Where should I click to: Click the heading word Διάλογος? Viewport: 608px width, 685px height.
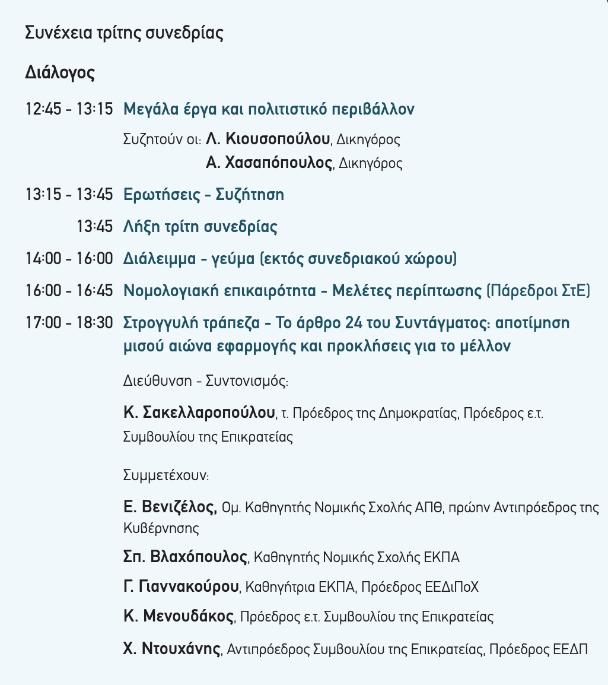point(60,73)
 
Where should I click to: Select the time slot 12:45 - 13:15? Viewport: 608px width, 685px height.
point(69,109)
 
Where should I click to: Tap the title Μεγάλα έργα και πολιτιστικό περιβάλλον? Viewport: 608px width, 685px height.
point(269,109)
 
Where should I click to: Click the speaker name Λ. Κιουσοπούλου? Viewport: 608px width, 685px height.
point(268,139)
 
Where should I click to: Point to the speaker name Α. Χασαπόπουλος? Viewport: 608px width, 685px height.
point(269,163)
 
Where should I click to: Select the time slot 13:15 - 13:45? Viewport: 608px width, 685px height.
point(69,195)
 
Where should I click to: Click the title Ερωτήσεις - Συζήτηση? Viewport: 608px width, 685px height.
point(203,195)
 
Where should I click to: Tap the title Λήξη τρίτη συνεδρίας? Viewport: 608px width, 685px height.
point(200,227)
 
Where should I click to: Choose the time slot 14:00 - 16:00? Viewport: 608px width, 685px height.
point(69,259)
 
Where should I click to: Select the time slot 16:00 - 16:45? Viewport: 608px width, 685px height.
point(69,291)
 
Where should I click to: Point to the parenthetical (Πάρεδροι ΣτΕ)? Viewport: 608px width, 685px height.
point(538,291)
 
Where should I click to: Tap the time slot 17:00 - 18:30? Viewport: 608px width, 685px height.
point(69,323)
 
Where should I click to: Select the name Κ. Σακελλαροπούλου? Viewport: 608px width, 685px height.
point(200,412)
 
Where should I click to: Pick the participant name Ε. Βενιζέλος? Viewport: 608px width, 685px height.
point(170,507)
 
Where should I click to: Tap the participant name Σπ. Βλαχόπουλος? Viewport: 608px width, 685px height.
point(185,557)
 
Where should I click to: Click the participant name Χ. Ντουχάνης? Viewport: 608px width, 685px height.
point(172,648)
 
